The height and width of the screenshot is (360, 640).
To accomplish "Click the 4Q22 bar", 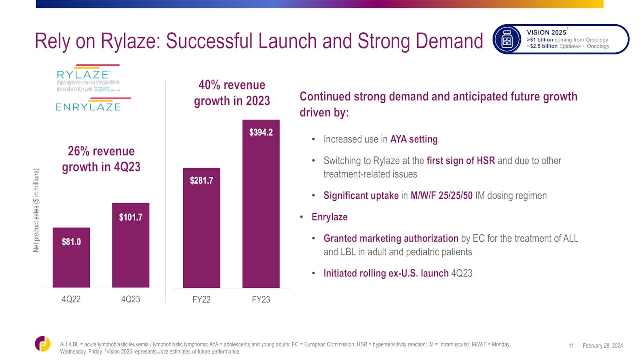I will click(71, 258).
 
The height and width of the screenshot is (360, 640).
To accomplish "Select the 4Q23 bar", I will click(131, 245).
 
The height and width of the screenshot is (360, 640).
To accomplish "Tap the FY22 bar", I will click(201, 228).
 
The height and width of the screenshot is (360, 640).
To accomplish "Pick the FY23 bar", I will click(261, 204).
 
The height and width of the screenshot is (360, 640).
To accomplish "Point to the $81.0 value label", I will click(71, 242).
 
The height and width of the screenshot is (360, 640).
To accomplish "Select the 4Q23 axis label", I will click(131, 300).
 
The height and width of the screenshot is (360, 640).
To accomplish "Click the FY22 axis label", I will click(201, 300).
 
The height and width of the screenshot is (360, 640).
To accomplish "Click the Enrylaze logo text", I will click(88, 106).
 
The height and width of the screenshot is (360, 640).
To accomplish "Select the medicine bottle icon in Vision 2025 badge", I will click(507, 39).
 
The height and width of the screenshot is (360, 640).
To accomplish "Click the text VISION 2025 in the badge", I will click(546, 33).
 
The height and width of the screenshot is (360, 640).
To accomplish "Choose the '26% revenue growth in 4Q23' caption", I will click(101, 159).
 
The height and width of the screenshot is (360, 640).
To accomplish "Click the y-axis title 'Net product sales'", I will click(36, 210).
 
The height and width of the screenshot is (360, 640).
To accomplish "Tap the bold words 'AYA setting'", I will click(414, 139).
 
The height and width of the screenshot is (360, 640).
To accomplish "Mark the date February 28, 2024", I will click(603, 346).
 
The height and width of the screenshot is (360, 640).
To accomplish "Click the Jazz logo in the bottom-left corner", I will click(43, 344).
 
